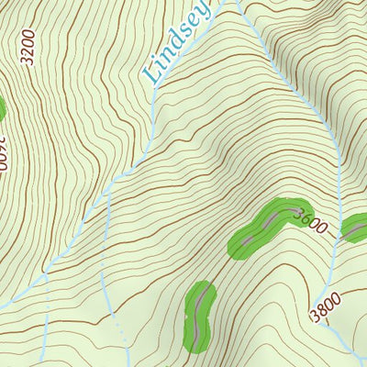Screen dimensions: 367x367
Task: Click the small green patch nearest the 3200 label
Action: (x=2, y=108)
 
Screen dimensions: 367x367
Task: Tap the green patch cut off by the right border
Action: (x=355, y=227)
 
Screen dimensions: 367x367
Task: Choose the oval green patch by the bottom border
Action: (x=200, y=317)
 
